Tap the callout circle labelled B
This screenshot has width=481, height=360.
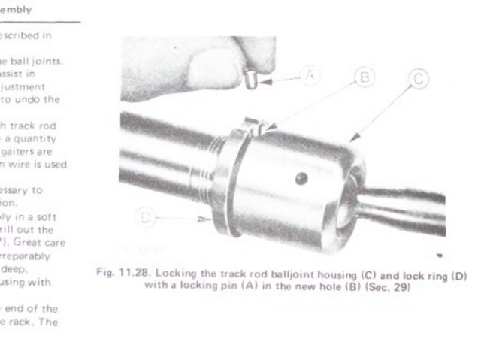tap(363, 77)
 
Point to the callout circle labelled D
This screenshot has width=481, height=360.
tap(145, 218)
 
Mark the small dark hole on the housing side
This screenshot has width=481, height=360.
tap(300, 178)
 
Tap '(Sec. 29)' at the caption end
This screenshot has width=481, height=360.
tap(389, 288)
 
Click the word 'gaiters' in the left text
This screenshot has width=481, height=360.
tap(35, 150)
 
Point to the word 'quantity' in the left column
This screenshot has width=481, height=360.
tap(55, 138)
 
